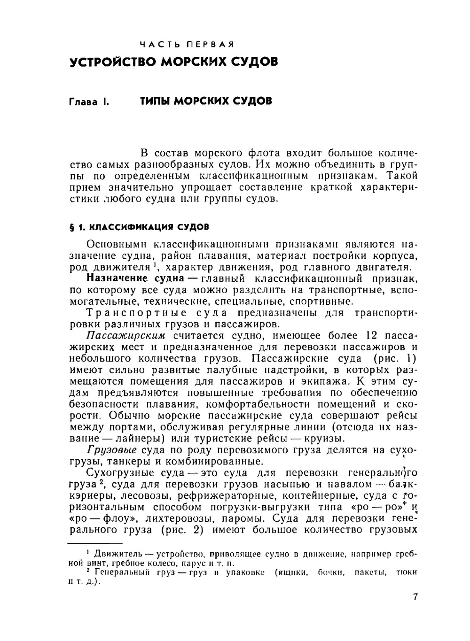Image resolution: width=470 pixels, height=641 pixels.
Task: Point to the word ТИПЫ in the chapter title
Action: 155,101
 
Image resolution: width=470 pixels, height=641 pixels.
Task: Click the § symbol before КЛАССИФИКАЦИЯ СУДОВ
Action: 71,227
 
